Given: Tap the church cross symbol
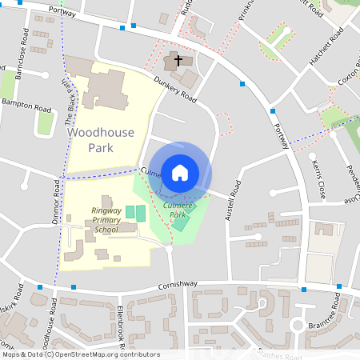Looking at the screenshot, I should [x=178, y=61].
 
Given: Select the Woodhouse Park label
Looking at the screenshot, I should [x=101, y=140].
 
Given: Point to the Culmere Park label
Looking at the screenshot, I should [x=178, y=210].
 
